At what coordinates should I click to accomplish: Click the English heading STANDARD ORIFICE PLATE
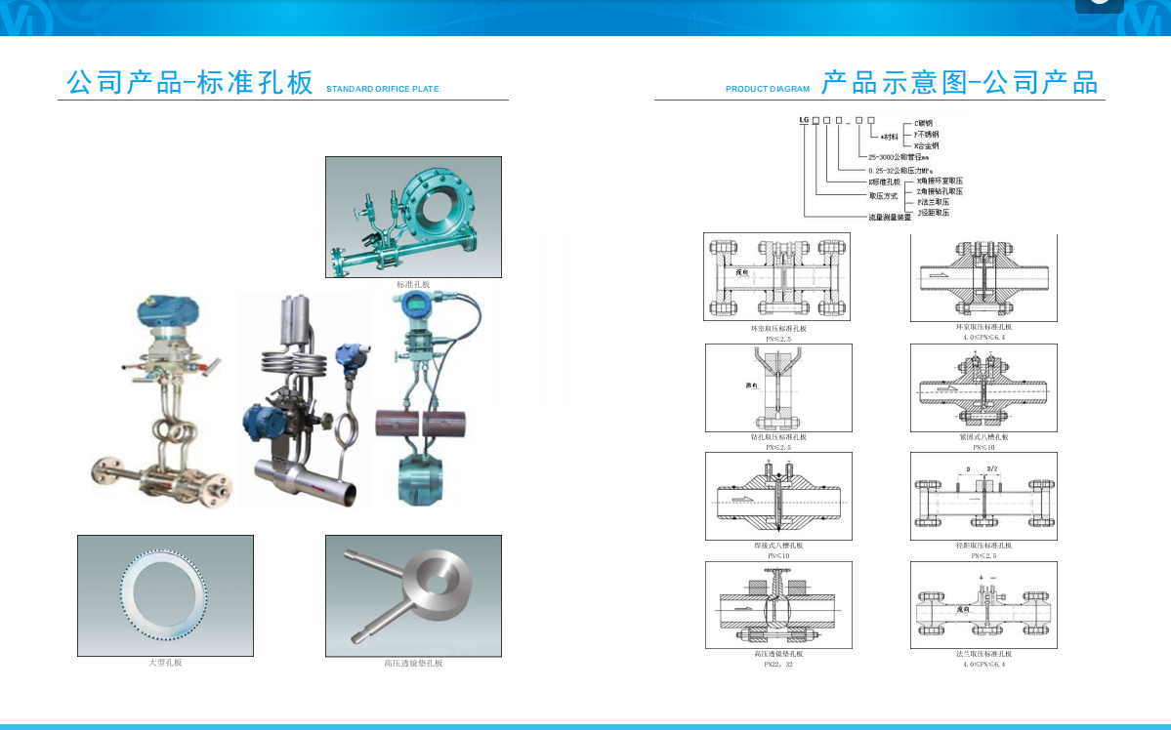coord(382,89)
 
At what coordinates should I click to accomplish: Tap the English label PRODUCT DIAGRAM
coord(768,89)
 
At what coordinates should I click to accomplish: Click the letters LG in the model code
coord(804,119)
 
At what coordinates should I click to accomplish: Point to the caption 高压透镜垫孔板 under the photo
coord(412,663)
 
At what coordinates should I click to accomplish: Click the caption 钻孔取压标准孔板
coord(778,437)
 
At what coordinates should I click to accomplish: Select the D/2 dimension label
coord(993,469)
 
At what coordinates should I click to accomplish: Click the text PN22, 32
coord(778,665)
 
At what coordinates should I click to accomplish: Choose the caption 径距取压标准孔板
coord(983,546)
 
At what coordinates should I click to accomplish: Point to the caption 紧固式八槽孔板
coord(983,437)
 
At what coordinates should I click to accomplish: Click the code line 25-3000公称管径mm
coord(899,156)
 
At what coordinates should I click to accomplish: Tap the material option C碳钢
coord(923,123)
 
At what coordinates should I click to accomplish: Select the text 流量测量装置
coord(890,217)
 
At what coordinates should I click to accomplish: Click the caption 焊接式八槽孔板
coord(778,546)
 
